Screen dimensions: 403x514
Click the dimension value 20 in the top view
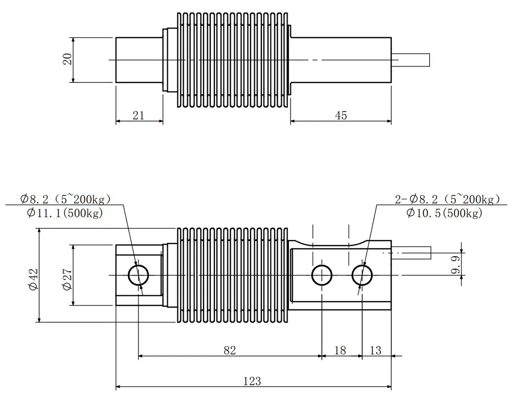click(x=68, y=59)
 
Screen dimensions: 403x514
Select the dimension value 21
click(x=138, y=115)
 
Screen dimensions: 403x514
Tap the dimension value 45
click(x=341, y=115)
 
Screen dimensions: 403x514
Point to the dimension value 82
click(x=230, y=350)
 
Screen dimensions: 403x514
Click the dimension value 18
click(x=341, y=350)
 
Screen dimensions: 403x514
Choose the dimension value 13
click(x=375, y=350)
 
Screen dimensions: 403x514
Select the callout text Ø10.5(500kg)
click(x=445, y=213)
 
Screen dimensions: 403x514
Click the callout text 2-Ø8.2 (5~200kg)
click(x=447, y=199)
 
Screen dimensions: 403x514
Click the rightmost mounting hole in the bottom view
click(x=362, y=275)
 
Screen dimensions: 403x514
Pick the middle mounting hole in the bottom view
click(x=321, y=275)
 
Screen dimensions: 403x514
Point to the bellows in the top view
click(x=233, y=60)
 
